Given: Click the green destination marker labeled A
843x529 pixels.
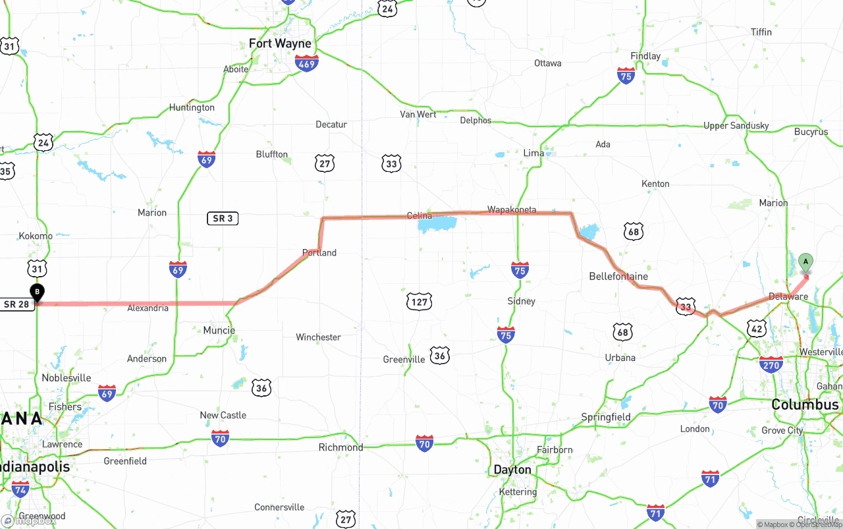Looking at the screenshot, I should [x=805, y=262].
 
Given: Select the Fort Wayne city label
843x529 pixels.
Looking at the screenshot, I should [x=280, y=43].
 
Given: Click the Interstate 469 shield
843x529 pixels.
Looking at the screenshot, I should [x=307, y=63].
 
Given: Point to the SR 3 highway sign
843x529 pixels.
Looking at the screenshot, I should [x=223, y=218].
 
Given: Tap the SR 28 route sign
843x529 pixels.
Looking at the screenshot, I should [x=17, y=304].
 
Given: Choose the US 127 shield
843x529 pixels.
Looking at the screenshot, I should [x=419, y=302].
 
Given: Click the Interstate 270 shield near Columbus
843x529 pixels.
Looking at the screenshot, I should [x=771, y=364].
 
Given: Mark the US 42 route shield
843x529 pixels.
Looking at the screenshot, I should [x=757, y=328].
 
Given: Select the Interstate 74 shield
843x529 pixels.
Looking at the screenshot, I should [x=20, y=488].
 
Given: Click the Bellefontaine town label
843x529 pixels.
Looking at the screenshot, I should [x=618, y=276].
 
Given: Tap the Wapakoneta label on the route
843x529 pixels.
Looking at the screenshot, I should [x=512, y=209].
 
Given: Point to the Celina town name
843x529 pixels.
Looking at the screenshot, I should [x=420, y=215].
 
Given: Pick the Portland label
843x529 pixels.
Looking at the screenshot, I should [x=319, y=252].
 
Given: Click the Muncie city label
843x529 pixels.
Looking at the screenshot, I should [x=219, y=330].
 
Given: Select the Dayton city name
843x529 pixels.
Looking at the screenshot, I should [x=512, y=470].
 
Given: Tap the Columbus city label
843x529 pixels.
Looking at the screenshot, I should [x=805, y=404].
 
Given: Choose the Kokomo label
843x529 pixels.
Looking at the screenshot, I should [x=36, y=236].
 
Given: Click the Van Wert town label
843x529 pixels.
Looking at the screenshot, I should [x=418, y=114].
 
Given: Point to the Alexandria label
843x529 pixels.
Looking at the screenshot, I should [x=148, y=308].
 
